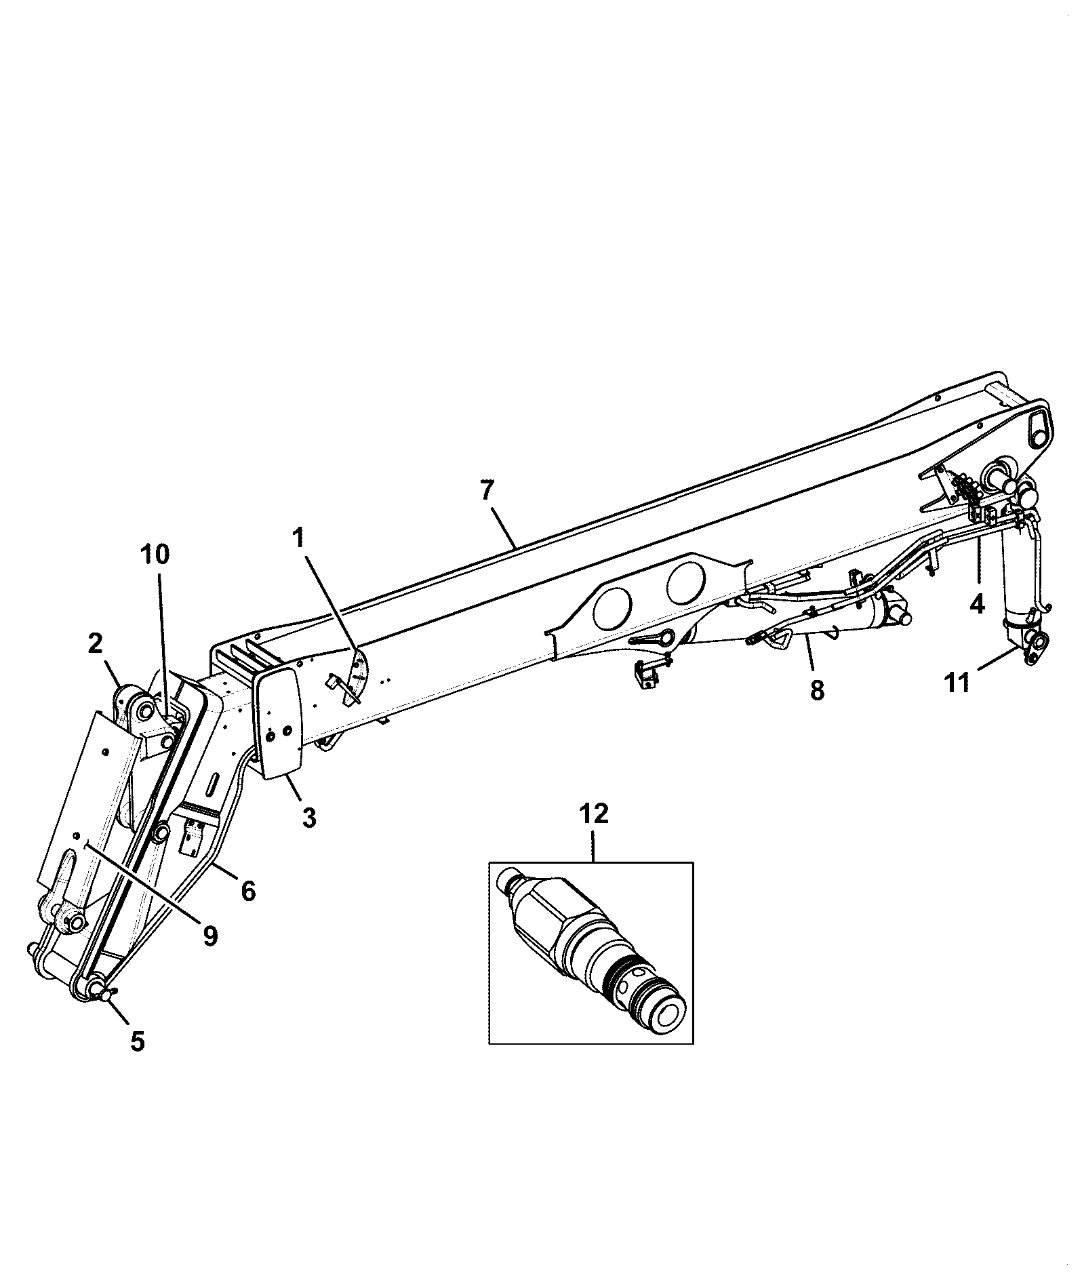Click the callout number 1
pyautogui.click(x=299, y=540)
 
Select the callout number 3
pyautogui.click(x=308, y=818)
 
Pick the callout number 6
pyautogui.click(x=249, y=891)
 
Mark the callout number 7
pyautogui.click(x=487, y=491)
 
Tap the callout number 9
pyautogui.click(x=209, y=936)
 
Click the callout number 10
pyautogui.click(x=155, y=554)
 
